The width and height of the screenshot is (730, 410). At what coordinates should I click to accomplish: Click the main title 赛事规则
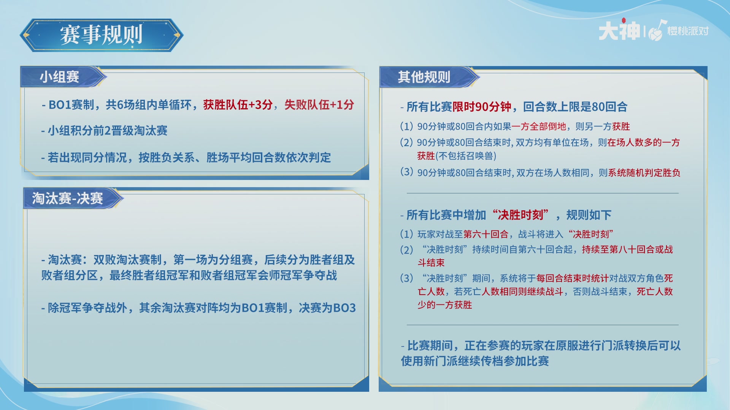(x=101, y=35)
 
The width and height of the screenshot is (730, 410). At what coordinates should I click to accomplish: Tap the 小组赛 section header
(x=60, y=77)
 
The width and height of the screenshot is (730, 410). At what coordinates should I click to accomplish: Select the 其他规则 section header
(x=424, y=77)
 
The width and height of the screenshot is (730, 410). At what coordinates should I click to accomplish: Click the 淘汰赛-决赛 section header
(x=68, y=198)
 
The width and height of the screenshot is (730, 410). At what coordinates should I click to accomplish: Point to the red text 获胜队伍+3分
(x=238, y=105)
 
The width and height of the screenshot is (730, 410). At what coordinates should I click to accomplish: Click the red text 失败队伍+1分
(x=319, y=105)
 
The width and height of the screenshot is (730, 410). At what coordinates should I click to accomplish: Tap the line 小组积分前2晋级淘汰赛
(x=105, y=131)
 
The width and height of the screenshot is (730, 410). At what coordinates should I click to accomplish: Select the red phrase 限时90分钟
(x=482, y=107)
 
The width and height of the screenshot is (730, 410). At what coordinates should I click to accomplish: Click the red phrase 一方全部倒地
(x=539, y=126)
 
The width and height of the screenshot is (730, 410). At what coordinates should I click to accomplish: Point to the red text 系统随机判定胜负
(x=644, y=173)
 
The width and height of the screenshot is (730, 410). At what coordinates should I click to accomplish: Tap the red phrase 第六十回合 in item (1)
(x=486, y=234)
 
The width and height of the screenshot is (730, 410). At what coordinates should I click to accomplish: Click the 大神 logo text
(x=619, y=30)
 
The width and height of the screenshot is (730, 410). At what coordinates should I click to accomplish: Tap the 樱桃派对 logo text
(x=688, y=31)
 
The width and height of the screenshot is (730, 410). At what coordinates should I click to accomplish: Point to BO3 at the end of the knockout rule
(x=344, y=307)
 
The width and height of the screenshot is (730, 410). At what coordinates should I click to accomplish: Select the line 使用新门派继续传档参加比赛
(x=475, y=361)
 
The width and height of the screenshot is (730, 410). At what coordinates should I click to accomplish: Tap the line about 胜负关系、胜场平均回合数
(x=186, y=158)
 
